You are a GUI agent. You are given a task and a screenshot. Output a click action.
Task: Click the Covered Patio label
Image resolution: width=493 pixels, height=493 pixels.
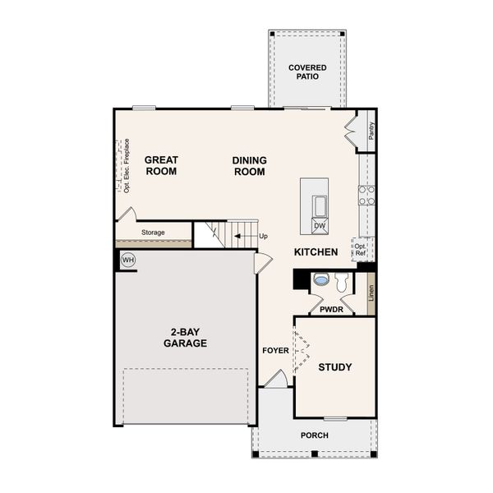click(x=307, y=71)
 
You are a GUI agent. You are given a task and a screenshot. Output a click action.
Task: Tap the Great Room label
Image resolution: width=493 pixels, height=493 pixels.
click(x=161, y=166)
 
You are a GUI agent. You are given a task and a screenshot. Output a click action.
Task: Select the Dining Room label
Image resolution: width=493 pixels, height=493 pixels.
click(x=249, y=166)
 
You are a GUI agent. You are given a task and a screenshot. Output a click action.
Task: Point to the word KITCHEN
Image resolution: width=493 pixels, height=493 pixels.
click(x=316, y=252)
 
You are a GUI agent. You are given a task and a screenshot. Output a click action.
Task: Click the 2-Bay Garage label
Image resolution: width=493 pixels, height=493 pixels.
click(x=185, y=338)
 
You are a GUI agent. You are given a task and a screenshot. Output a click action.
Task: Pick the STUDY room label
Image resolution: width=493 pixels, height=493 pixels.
click(x=335, y=367)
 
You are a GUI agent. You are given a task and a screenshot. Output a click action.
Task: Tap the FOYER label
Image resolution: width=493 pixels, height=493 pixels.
click(x=276, y=351)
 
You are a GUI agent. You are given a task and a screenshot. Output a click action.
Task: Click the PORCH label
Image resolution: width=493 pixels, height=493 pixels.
click(x=314, y=435)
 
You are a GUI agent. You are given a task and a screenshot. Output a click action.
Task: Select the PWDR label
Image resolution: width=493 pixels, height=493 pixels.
click(x=331, y=310)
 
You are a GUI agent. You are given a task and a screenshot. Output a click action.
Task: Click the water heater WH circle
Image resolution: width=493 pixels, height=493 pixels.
click(x=127, y=260)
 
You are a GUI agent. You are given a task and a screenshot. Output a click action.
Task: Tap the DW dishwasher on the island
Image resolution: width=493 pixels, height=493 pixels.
click(x=320, y=226)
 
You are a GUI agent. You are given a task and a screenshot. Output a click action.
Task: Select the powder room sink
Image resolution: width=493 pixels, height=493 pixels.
click(x=321, y=280)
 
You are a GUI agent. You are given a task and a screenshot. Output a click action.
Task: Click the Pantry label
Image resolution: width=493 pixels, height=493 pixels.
click(x=371, y=131)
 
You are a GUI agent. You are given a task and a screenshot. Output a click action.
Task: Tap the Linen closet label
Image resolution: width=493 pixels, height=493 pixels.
click(x=371, y=293)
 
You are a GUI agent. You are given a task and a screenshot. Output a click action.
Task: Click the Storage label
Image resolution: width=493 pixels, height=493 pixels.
click(x=153, y=233)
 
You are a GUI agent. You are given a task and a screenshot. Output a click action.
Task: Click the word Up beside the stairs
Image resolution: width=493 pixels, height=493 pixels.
click(x=264, y=237)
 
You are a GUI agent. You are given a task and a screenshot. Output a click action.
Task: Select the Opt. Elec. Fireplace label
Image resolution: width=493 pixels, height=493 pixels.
click(x=127, y=165)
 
